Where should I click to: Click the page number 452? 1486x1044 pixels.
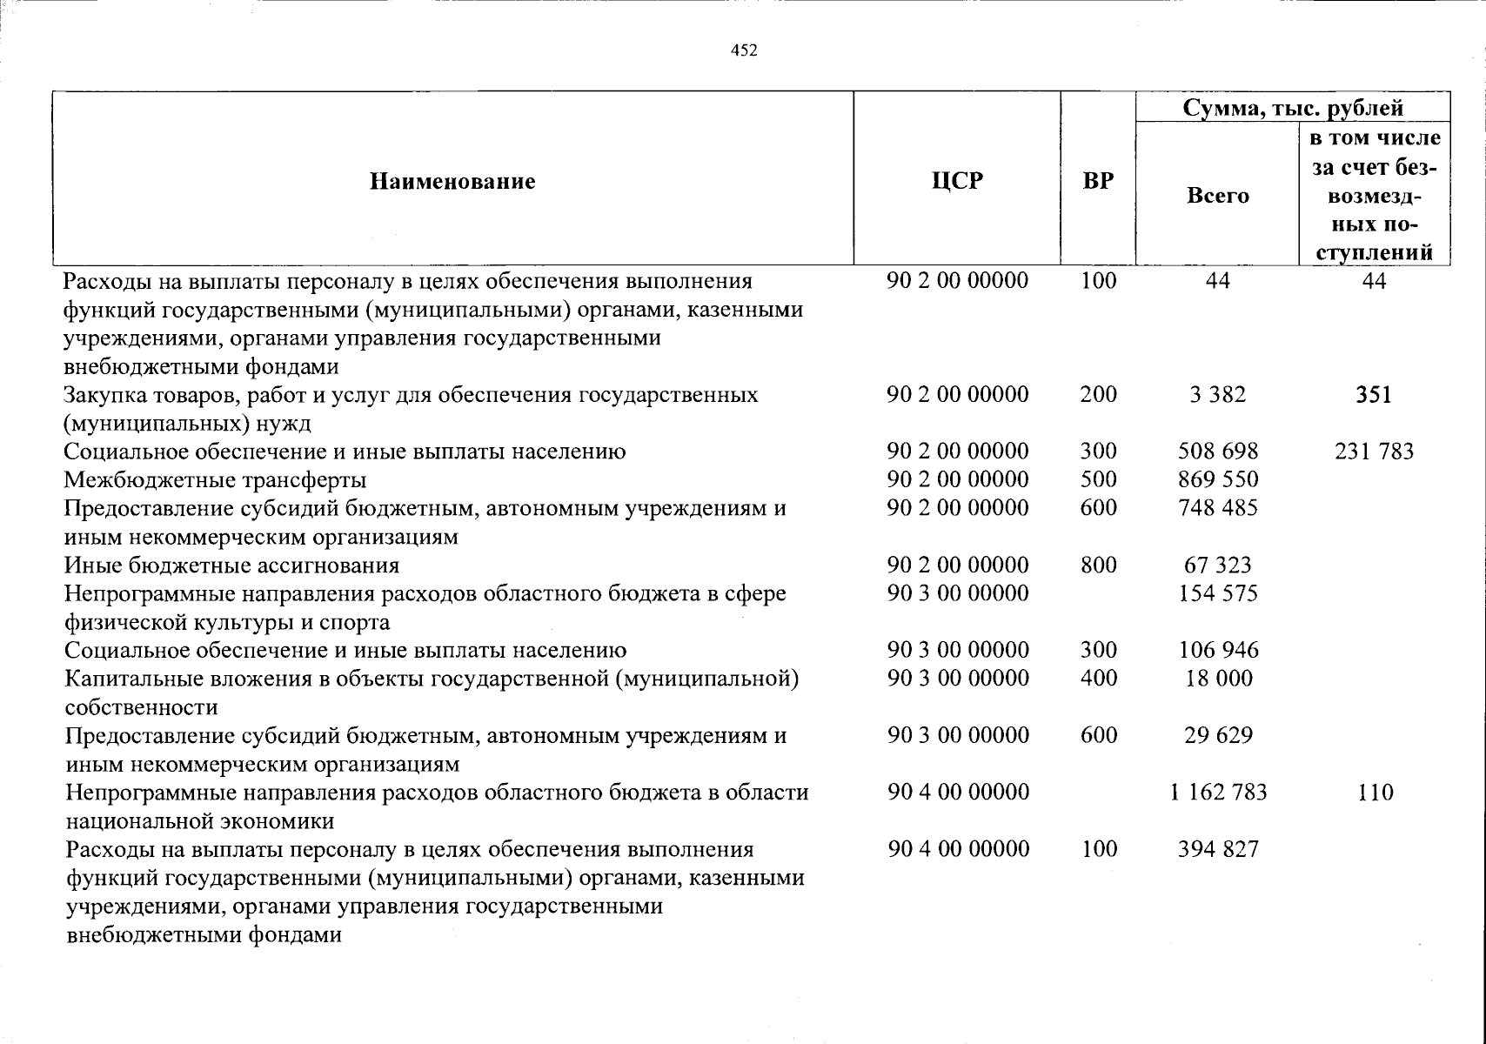[744, 50]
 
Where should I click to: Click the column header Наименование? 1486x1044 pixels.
[452, 181]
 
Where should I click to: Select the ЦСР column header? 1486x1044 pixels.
[956, 181]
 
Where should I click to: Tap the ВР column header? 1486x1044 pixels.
[1098, 181]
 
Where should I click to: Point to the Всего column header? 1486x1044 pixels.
[1217, 196]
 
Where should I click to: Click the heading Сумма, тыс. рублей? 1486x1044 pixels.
[1293, 108]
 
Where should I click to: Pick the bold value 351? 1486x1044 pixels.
[1374, 395]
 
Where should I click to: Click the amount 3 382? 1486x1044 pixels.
[1217, 395]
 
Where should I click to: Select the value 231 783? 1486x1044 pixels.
[1374, 452]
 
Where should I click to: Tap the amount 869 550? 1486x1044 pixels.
[1218, 479]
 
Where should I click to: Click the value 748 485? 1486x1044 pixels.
[1218, 507]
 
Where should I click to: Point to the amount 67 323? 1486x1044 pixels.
[1218, 565]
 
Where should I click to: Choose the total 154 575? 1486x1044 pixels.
[1218, 593]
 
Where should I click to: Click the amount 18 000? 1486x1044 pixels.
[1218, 678]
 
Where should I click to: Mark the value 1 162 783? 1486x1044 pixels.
[1219, 792]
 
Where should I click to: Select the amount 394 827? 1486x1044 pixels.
[1218, 849]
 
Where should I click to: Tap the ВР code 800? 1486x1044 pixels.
[1098, 565]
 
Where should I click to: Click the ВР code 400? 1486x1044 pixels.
[1098, 678]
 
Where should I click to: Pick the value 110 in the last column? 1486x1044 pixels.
[1375, 792]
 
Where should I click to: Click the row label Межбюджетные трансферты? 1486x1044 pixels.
[215, 479]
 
